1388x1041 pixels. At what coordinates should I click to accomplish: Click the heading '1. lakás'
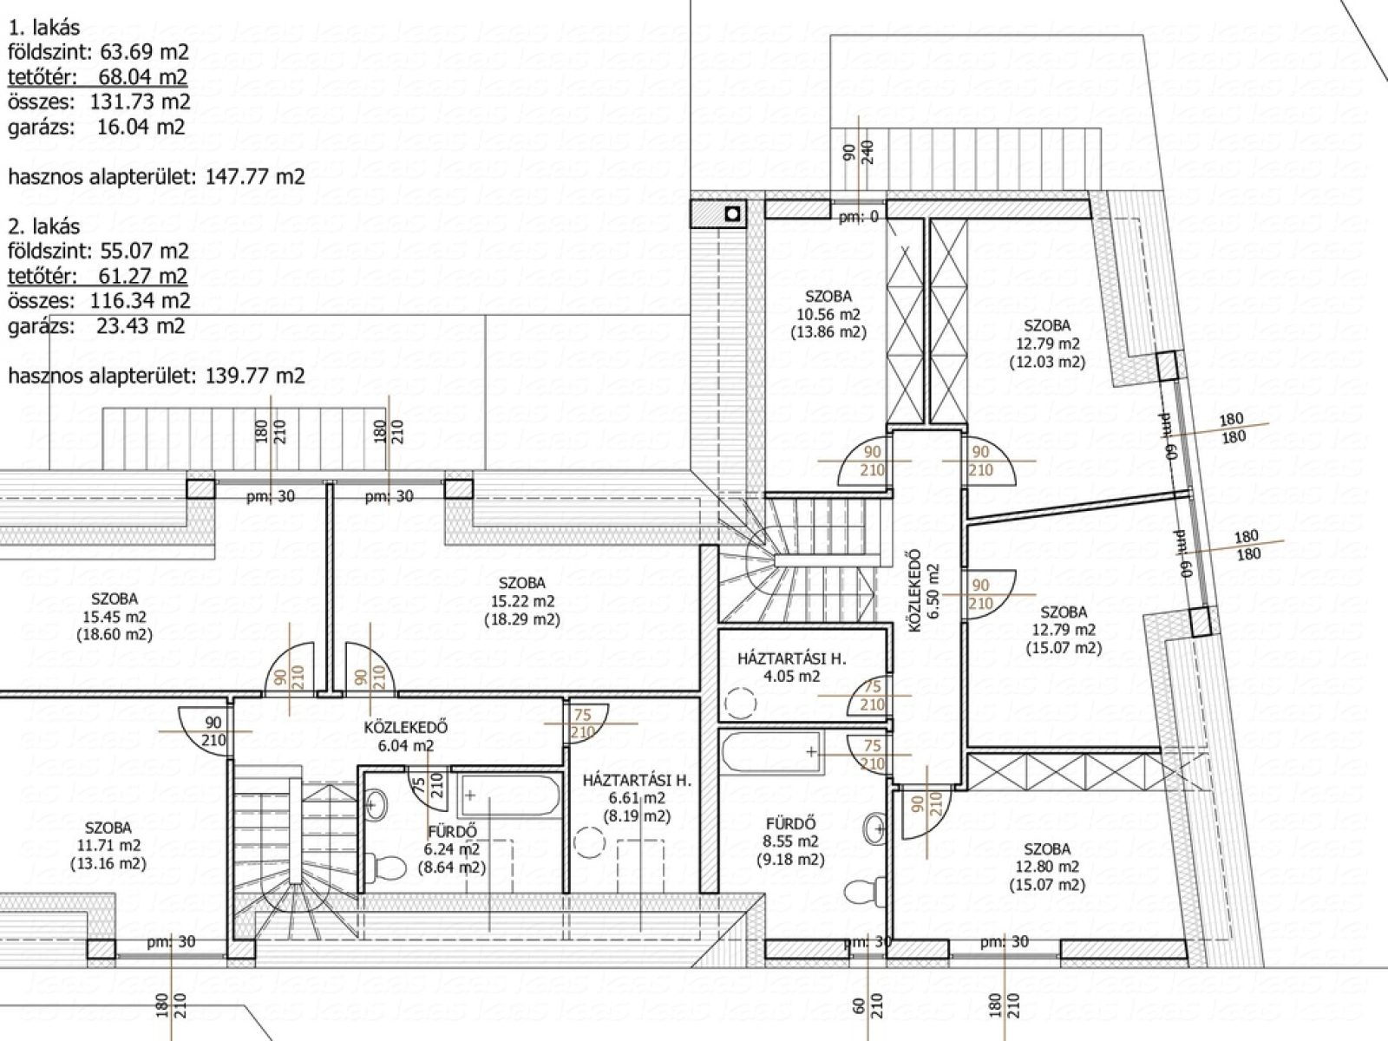pos(43,28)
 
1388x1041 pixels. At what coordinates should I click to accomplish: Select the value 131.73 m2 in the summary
pos(140,101)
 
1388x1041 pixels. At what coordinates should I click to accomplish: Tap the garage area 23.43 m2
pos(141,326)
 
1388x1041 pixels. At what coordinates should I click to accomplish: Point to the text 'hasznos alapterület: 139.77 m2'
pos(156,376)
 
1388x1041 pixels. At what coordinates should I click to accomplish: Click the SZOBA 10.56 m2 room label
pos(828,314)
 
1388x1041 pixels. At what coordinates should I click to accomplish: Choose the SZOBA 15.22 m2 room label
pos(522,601)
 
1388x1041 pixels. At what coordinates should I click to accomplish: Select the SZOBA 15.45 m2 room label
pos(115,616)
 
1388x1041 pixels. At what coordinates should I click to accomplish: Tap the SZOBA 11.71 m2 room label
pos(108,846)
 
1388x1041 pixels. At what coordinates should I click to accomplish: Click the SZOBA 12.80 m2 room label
pos(1047,867)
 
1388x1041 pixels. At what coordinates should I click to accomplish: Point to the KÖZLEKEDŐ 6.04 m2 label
pos(406,737)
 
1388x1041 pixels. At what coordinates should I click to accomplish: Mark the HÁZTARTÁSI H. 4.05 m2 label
pos(792,667)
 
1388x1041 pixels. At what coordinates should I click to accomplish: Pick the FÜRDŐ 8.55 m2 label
pos(790,841)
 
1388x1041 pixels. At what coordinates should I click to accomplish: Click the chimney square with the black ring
pos(733,214)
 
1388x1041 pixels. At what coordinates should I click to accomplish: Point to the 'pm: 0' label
pos(859,218)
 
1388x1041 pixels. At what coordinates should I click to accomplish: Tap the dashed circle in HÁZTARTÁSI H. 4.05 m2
pos(741,703)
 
